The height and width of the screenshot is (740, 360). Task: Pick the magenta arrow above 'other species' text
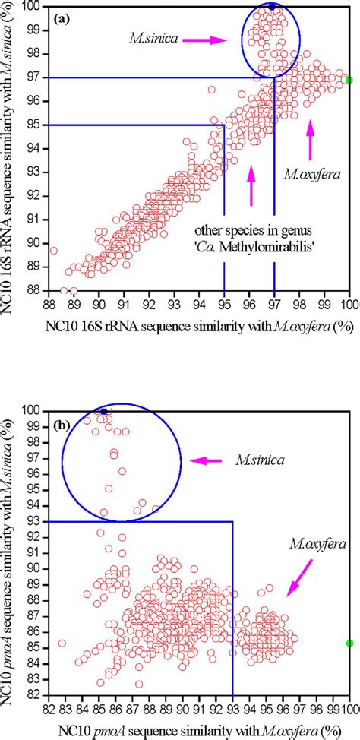tap(251, 186)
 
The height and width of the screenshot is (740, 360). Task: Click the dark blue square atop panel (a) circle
tap(271, 6)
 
